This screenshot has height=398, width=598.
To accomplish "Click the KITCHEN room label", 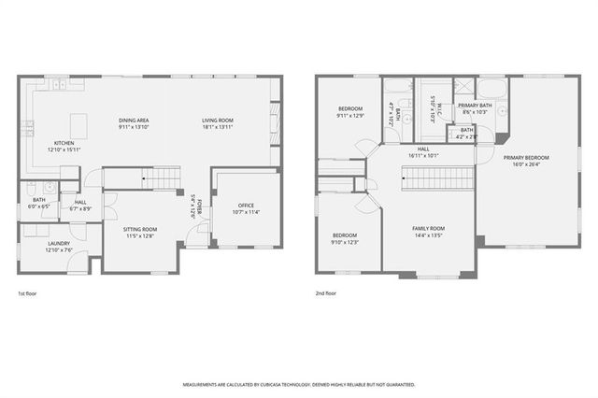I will (x=64, y=142).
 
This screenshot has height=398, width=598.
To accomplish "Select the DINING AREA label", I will (x=134, y=121).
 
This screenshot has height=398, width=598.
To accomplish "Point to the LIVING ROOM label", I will (x=218, y=121).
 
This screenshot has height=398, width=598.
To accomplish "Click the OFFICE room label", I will (x=246, y=206).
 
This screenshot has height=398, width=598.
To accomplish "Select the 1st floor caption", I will (x=27, y=293).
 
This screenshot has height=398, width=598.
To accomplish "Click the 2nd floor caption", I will (x=326, y=293).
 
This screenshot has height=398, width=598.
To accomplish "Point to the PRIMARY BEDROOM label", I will (x=528, y=158).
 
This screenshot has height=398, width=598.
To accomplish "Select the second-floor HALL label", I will (x=423, y=149).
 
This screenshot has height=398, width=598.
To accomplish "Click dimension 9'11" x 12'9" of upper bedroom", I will (x=350, y=116).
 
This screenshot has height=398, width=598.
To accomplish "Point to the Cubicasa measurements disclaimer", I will (x=298, y=384).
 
